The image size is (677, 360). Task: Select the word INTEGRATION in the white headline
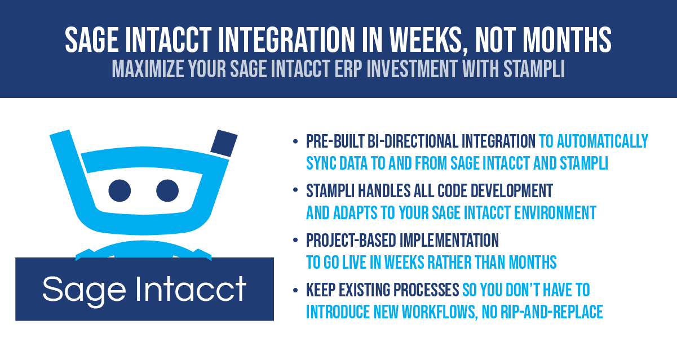[286, 39]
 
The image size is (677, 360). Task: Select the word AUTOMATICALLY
[603, 141]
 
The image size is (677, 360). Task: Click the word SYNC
[321, 163]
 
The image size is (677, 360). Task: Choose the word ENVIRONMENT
[555, 212]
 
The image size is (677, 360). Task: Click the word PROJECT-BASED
[351, 241]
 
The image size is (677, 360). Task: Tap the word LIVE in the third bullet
[354, 262]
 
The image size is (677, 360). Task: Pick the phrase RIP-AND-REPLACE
[552, 312]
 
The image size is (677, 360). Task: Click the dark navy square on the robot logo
[224, 144]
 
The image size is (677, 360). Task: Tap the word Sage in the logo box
[85, 290]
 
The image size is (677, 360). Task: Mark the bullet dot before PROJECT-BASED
[295, 241]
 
